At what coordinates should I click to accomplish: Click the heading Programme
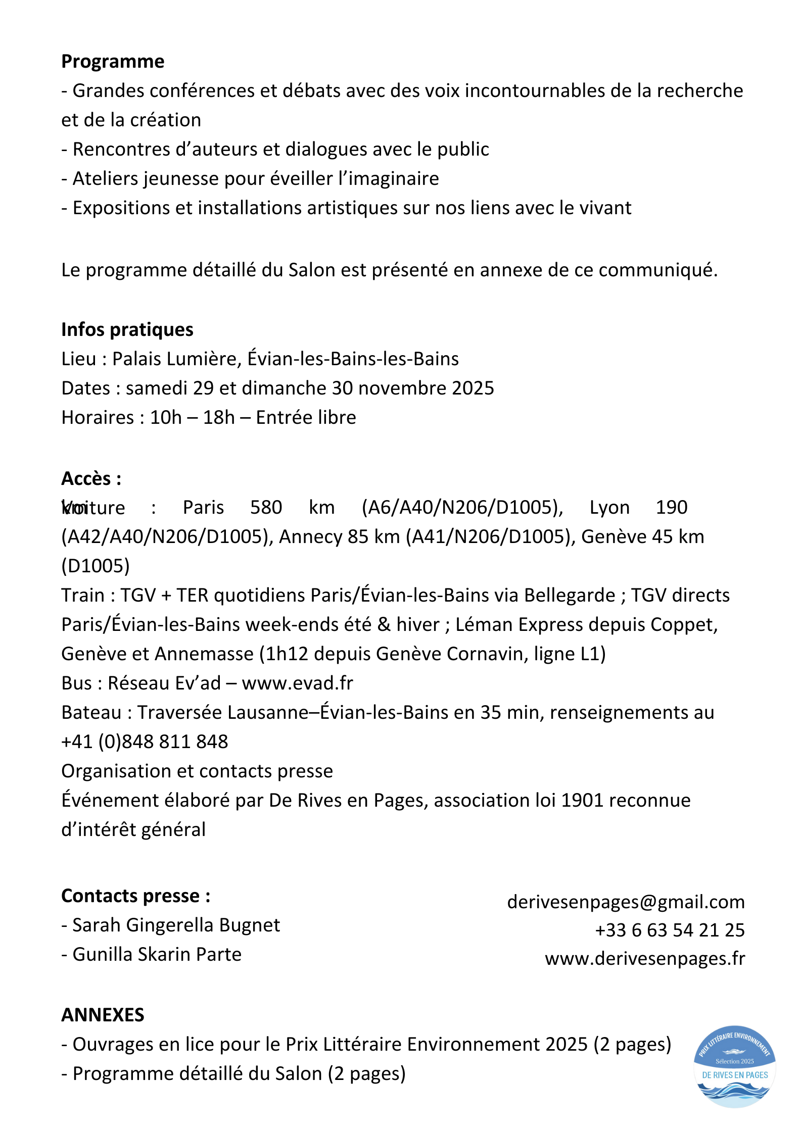(113, 62)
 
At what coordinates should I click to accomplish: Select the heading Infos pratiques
(127, 330)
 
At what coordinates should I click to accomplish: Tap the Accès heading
(91, 478)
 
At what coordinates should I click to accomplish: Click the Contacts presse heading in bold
(135, 896)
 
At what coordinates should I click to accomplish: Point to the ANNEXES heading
(103, 1015)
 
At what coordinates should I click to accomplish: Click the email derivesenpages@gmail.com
(626, 902)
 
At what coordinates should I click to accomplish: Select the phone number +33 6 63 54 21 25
(670, 930)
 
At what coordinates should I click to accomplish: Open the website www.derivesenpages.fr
(644, 958)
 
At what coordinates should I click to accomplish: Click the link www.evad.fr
(297, 683)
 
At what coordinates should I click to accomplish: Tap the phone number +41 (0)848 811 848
(145, 742)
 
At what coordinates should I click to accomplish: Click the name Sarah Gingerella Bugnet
(176, 925)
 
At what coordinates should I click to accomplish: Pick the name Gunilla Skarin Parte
(157, 954)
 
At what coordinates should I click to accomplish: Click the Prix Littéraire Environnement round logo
(735, 1066)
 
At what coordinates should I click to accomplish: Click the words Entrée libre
(306, 417)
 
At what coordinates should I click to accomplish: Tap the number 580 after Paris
(266, 507)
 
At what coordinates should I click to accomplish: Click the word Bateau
(91, 712)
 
